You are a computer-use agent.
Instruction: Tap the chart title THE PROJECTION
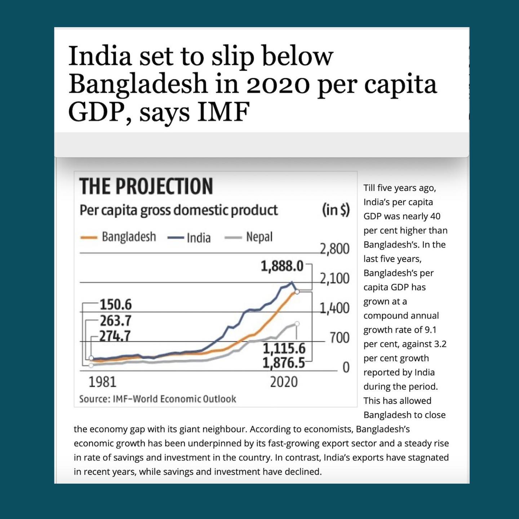[146, 186]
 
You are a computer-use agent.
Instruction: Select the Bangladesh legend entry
[118, 237]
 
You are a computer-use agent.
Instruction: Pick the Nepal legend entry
[248, 237]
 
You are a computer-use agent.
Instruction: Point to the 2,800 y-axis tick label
[334, 249]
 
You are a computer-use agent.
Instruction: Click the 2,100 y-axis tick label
[334, 278]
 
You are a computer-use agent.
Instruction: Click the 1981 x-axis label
[102, 382]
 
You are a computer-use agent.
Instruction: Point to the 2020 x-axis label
[284, 382]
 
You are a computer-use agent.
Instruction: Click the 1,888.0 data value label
[282, 266]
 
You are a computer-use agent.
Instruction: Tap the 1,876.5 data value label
[284, 363]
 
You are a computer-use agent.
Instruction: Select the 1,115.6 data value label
[284, 349]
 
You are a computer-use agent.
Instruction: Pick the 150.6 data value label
[116, 305]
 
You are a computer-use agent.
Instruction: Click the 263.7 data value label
[116, 320]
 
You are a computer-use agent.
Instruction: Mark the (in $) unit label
[336, 210]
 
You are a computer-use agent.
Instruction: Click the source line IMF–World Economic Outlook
[158, 399]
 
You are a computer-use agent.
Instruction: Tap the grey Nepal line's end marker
[297, 323]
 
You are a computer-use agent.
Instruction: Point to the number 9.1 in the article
[430, 330]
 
